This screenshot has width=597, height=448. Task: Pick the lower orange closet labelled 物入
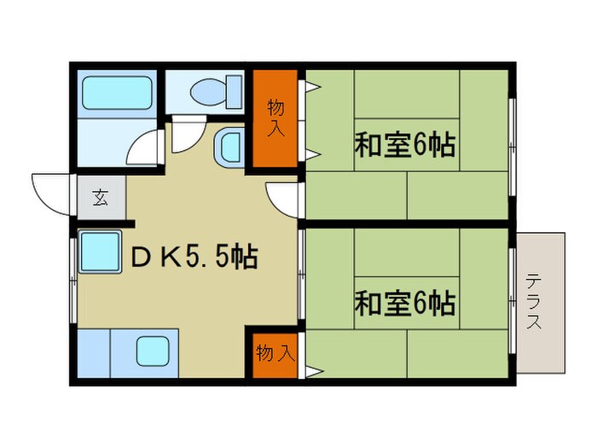275,352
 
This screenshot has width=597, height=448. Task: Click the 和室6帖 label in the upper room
404,143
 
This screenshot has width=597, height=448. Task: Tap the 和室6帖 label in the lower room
404,302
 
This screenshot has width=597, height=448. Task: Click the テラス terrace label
535,301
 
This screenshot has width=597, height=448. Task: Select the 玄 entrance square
101,199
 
